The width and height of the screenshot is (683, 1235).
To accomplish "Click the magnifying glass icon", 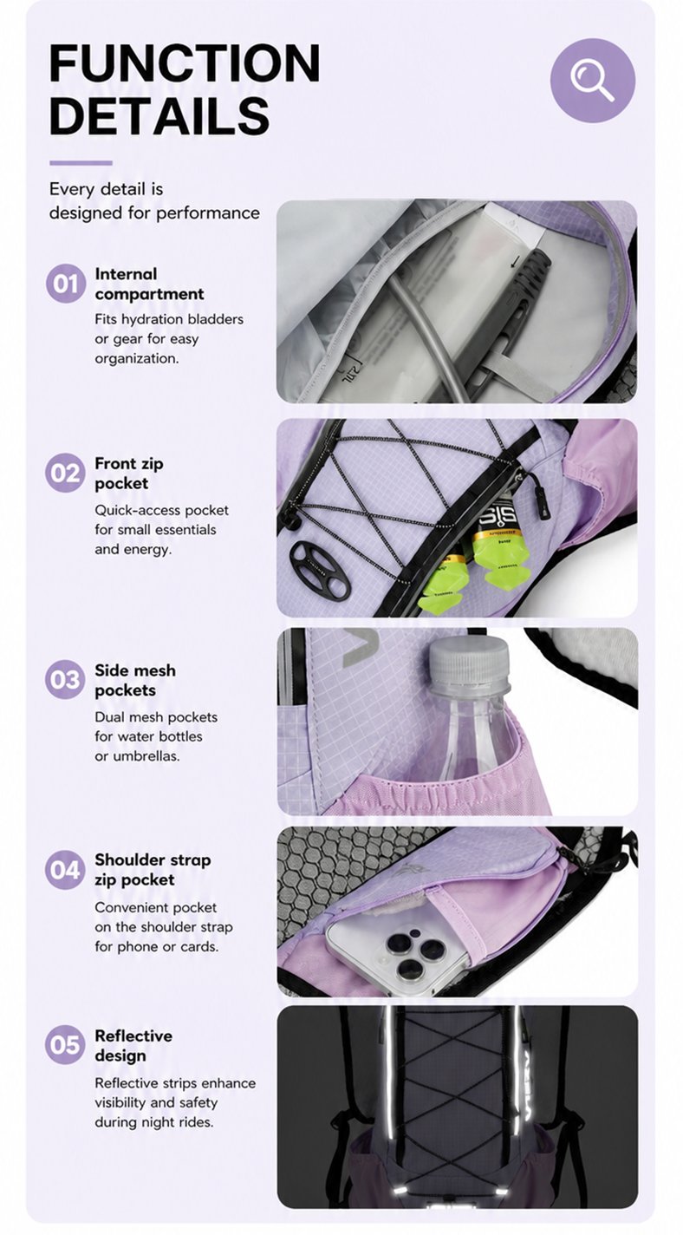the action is click(592, 81).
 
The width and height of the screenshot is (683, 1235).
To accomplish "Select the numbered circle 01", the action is click(66, 284).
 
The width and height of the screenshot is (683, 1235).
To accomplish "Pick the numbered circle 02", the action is click(66, 473).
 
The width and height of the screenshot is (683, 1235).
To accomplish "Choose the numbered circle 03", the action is click(66, 680).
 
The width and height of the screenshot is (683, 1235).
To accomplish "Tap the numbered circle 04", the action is click(66, 870).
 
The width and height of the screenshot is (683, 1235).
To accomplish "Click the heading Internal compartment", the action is click(149, 284).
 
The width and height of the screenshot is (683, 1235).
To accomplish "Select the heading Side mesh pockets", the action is click(135, 680).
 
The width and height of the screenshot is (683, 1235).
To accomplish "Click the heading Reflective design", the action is click(133, 1045).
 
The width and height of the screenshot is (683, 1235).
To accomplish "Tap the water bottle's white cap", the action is click(469, 661).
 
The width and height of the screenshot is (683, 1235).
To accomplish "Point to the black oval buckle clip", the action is click(320, 571).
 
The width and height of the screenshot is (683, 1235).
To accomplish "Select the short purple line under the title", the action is click(81, 163).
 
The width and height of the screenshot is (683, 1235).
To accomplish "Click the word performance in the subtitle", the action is click(218, 213).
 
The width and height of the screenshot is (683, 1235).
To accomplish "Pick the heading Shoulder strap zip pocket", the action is click(153, 870).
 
